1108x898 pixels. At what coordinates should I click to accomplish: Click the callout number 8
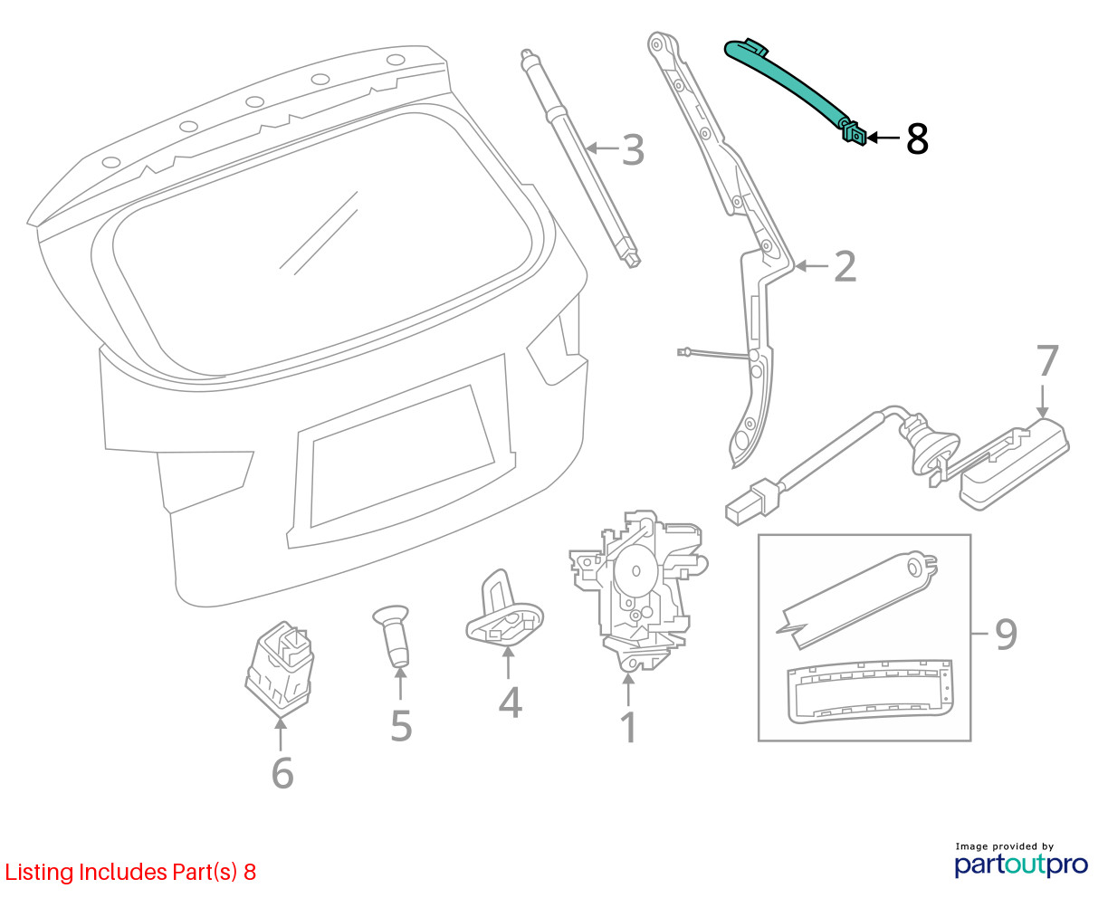[917, 139]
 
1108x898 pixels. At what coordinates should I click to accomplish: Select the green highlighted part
[797, 85]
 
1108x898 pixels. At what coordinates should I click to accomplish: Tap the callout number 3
[633, 149]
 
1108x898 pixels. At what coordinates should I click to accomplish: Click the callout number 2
[844, 266]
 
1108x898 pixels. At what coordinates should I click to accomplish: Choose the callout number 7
[1046, 361]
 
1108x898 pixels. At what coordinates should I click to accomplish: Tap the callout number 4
[511, 703]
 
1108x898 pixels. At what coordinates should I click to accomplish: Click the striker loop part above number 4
[503, 616]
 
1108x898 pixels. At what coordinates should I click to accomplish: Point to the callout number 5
[401, 726]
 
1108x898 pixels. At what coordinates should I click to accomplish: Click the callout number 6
[282, 773]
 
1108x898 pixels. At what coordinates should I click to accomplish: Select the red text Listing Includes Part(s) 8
[131, 873]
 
